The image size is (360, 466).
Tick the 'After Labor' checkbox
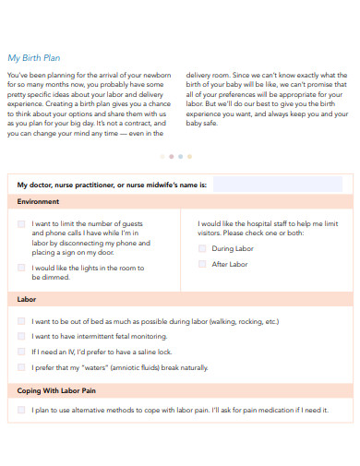point(202,264)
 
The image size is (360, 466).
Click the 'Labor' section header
point(27,300)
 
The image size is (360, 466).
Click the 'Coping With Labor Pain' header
point(57,390)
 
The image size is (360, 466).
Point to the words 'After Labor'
point(230,264)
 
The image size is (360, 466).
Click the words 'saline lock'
point(152,352)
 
